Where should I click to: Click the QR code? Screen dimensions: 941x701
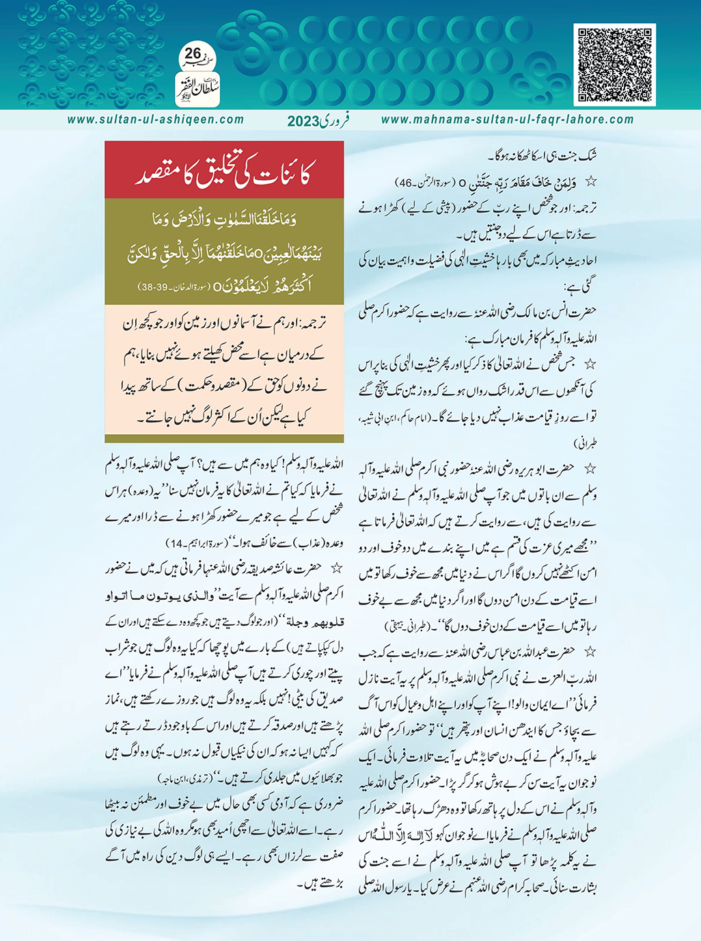click(x=615, y=65)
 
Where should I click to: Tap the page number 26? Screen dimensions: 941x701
click(x=193, y=53)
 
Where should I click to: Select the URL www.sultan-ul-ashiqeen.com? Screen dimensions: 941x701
click(x=155, y=120)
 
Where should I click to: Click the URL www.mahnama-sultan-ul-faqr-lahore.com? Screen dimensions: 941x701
click(x=507, y=120)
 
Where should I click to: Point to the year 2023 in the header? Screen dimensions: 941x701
click(x=303, y=122)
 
